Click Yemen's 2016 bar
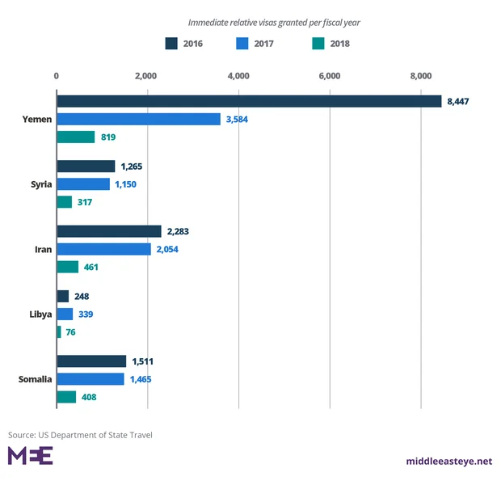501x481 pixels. point(249,101)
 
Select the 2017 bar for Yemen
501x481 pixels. point(138,119)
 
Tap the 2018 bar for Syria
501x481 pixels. point(65,202)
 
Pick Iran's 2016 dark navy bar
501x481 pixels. point(109,231)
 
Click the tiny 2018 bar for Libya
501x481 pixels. point(59,331)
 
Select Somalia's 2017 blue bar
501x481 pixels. point(91,379)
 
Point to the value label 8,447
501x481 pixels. point(457,101)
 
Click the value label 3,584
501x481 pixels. point(237,119)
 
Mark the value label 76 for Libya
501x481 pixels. point(70,331)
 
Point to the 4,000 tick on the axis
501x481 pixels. point(238,76)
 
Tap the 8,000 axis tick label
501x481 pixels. point(421,76)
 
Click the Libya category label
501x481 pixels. point(38,314)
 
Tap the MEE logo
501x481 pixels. point(30,455)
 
